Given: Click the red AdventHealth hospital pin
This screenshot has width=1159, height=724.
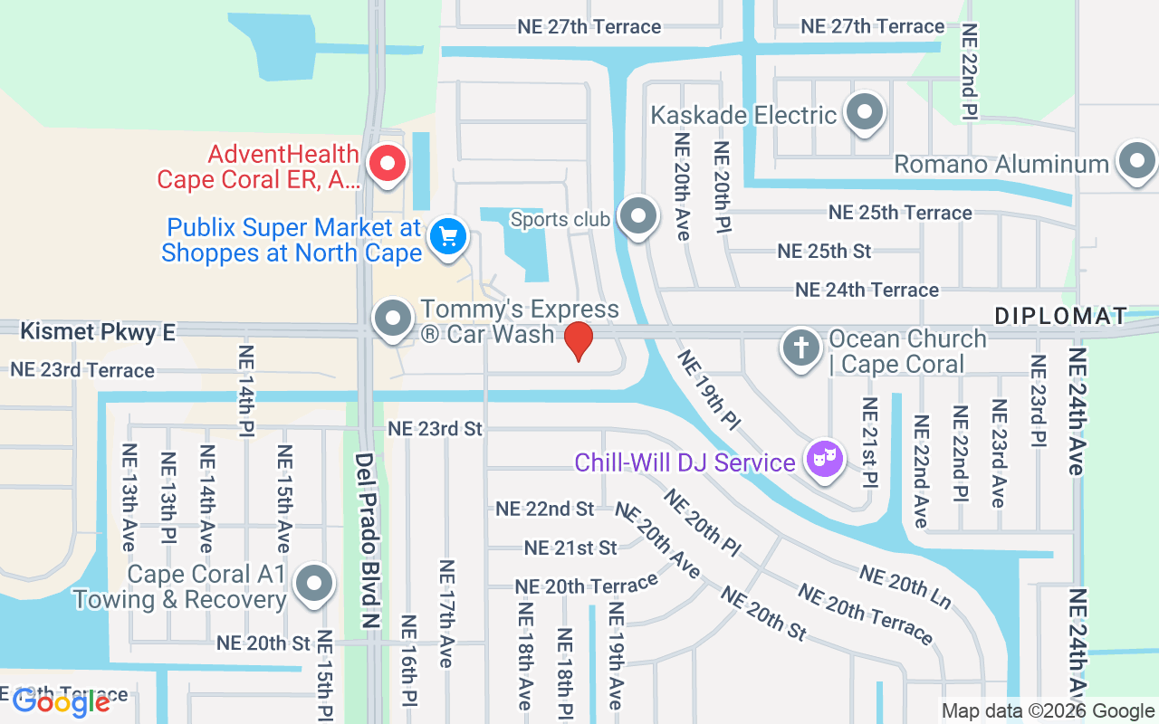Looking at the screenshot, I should tap(389, 165).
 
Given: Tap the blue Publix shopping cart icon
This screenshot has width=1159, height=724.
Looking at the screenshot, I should tap(447, 237).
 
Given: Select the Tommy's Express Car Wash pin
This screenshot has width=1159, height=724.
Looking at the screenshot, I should tap(393, 319).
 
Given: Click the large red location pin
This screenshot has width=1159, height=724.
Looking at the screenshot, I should tap(579, 340).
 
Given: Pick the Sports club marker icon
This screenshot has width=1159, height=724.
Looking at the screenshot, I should tap(639, 217).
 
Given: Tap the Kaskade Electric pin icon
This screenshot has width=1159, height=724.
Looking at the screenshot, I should tap(864, 113).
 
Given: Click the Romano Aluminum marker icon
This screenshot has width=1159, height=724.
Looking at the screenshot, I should tap(1136, 163).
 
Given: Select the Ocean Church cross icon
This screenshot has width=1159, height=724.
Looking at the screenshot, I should tap(801, 348).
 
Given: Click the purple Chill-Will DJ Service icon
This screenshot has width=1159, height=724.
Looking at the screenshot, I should tap(824, 460).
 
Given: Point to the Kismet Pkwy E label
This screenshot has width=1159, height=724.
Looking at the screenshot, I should tap(98, 332).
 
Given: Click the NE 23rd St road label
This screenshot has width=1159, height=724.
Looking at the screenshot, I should tap(436, 428).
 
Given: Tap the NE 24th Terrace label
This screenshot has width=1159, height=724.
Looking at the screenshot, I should tap(867, 290).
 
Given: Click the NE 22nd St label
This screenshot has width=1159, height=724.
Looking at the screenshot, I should tap(545, 509).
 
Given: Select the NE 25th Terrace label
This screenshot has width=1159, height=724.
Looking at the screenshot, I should tap(900, 213).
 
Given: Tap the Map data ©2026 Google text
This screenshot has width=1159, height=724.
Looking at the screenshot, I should tap(1047, 711).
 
